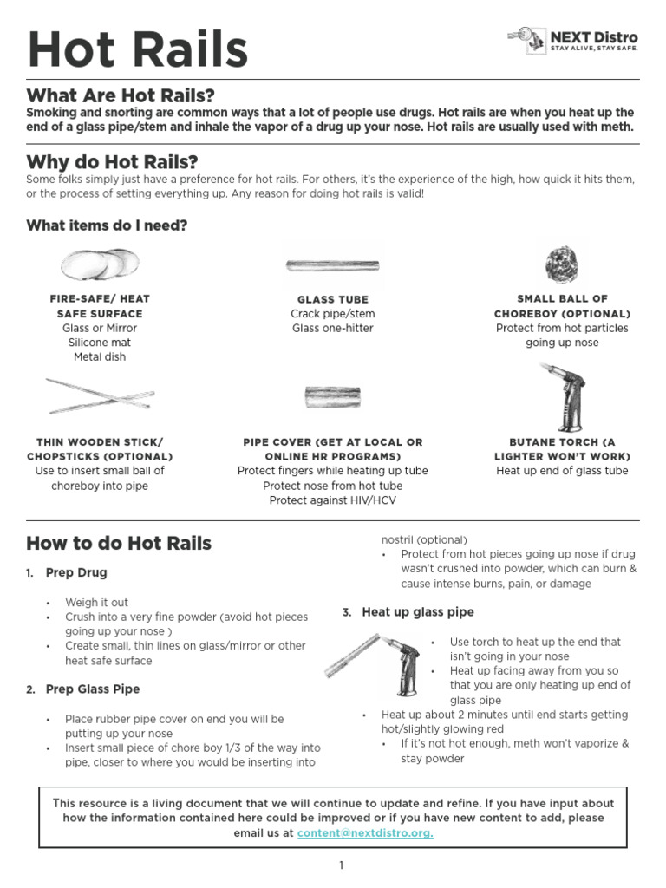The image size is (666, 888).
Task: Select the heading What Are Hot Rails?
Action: (x=121, y=95)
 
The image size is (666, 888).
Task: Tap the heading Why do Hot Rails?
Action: (x=112, y=161)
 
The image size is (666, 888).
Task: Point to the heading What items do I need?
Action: (x=107, y=225)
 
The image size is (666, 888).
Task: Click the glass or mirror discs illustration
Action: (x=100, y=264)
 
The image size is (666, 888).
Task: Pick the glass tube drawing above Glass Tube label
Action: (x=333, y=264)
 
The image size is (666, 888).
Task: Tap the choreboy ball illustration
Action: (x=562, y=262)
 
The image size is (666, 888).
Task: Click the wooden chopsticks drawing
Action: (x=100, y=395)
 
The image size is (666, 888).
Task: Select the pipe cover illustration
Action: (x=333, y=397)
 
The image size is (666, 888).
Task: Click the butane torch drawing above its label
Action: (x=564, y=395)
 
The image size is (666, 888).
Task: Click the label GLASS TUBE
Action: (x=333, y=299)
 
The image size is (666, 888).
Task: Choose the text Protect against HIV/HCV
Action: (x=333, y=500)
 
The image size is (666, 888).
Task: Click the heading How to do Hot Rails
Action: (x=119, y=544)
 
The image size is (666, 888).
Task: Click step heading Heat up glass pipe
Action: (x=418, y=612)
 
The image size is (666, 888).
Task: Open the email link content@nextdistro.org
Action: (x=365, y=833)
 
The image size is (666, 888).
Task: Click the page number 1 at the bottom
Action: (x=342, y=865)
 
